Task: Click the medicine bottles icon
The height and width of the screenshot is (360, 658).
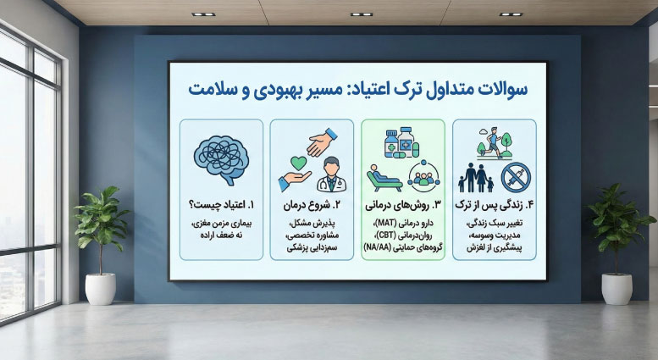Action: [401, 142]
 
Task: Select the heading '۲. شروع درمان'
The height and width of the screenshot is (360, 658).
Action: [312, 205]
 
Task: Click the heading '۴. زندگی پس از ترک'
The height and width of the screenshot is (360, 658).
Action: [494, 205]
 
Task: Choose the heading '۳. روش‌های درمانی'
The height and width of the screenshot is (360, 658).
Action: [403, 205]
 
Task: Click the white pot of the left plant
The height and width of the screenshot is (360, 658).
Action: [100, 289]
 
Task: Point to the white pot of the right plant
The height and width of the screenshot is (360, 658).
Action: [616, 289]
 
